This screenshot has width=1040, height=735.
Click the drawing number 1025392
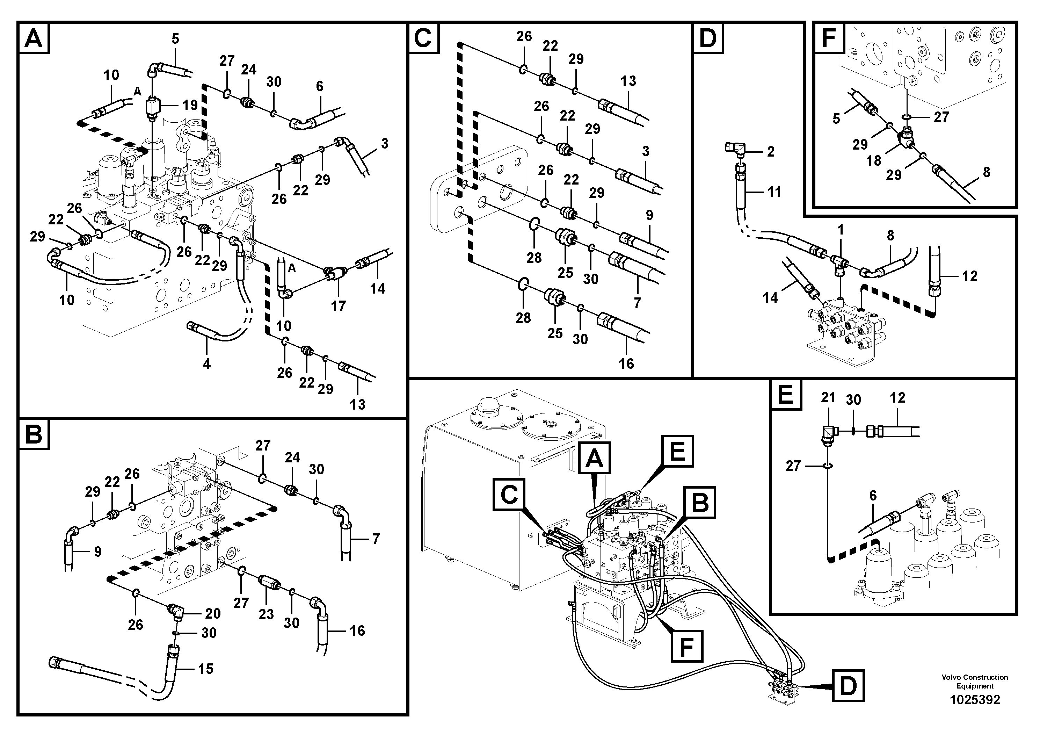point(974,700)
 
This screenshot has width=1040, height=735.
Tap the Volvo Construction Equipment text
point(974,682)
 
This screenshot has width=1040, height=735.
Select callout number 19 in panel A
point(190,105)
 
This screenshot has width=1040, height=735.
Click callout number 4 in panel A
point(206,363)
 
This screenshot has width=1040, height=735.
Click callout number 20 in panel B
point(212,614)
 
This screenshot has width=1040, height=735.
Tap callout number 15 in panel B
point(206,669)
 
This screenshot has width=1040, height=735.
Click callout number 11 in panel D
point(774,192)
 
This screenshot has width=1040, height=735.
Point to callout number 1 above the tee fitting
point(840,230)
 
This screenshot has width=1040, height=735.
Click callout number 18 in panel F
point(873,160)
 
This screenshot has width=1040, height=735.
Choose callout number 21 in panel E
point(828,397)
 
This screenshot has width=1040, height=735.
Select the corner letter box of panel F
point(828,38)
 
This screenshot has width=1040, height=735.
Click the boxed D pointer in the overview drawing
point(848,686)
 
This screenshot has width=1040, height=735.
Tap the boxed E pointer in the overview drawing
point(677,451)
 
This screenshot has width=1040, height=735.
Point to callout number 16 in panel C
point(626,363)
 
